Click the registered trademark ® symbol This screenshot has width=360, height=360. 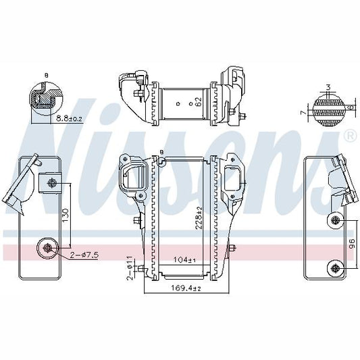click(349, 136)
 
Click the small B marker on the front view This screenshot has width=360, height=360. click(162, 152)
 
